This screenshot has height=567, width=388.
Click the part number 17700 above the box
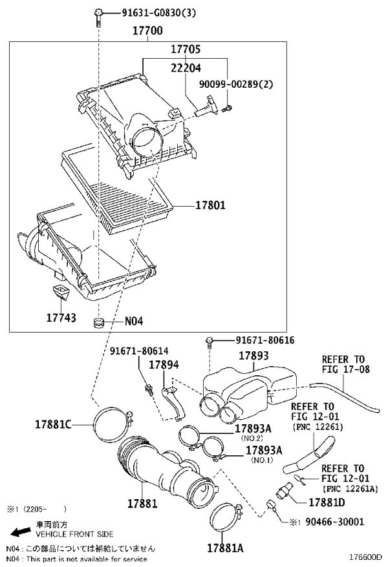(147, 30)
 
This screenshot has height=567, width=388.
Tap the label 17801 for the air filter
(210, 205)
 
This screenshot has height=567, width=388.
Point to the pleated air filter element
(116, 188)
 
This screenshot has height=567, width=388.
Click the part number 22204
(186, 68)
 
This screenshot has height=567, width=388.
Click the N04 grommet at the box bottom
(98, 322)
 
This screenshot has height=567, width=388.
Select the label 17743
(61, 318)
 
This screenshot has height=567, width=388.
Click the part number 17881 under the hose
(142, 503)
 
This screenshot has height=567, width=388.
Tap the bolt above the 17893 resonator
(210, 342)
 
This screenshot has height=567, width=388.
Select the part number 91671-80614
(139, 351)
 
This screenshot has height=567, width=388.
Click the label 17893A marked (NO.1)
(264, 450)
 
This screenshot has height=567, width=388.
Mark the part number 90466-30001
(335, 521)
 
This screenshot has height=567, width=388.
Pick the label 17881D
(327, 502)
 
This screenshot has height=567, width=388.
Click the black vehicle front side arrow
(21, 531)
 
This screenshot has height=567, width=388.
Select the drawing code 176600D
(365, 557)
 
